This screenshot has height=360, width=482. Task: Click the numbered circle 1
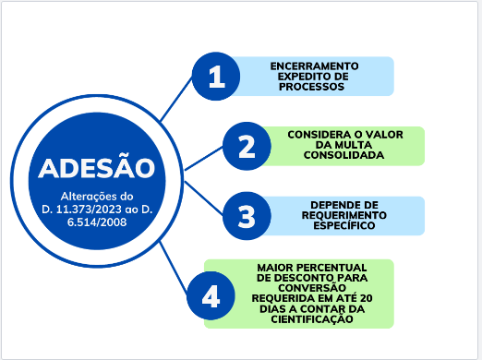point(216,77)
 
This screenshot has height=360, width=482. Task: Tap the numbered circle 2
point(247,147)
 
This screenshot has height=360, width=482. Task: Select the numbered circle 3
point(247,216)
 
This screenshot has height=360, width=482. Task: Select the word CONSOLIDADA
point(345,156)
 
